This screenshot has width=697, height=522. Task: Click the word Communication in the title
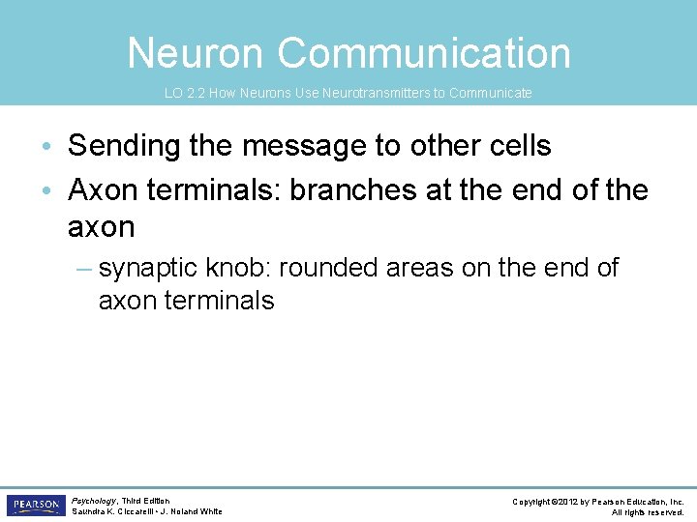[x=425, y=53]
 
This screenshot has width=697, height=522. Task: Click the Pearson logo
[x=35, y=506]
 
